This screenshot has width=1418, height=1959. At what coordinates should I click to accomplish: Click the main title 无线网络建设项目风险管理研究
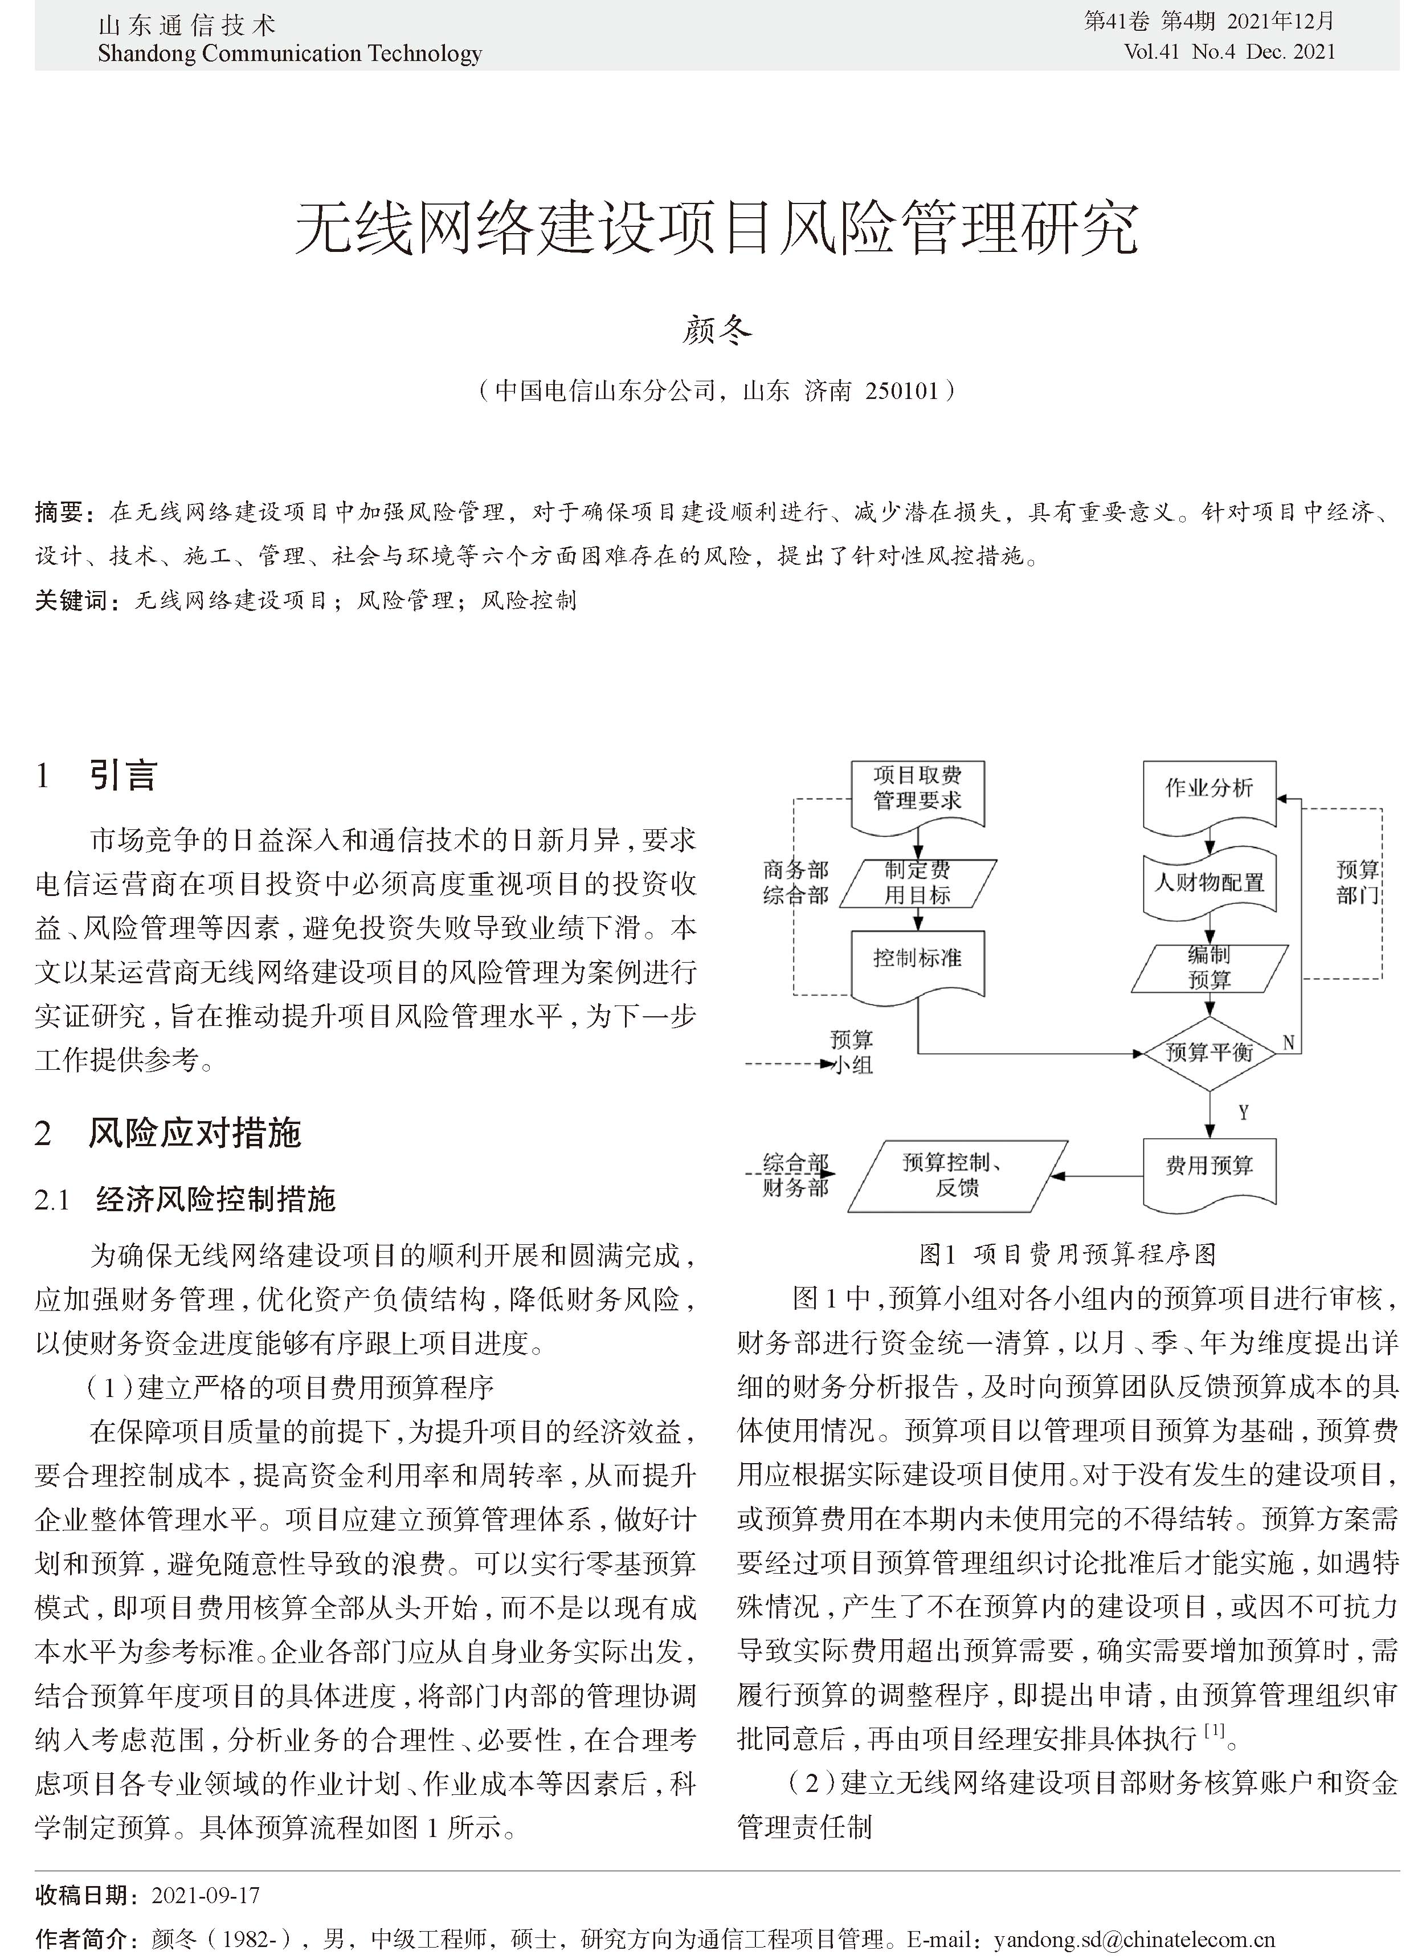click(x=716, y=229)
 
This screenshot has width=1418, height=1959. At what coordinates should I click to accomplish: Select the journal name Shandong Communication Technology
click(x=289, y=54)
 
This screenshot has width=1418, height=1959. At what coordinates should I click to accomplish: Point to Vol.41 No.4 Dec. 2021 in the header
click(x=1229, y=52)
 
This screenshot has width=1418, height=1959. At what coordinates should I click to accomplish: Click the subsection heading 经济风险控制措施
click(x=216, y=1199)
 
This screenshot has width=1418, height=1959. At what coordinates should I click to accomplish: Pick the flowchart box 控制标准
click(x=917, y=959)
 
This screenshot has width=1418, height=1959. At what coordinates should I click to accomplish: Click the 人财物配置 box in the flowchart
click(x=1209, y=883)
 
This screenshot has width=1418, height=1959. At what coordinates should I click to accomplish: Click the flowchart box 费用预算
click(x=1209, y=1166)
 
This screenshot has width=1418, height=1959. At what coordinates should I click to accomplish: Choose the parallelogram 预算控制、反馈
click(x=957, y=1176)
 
